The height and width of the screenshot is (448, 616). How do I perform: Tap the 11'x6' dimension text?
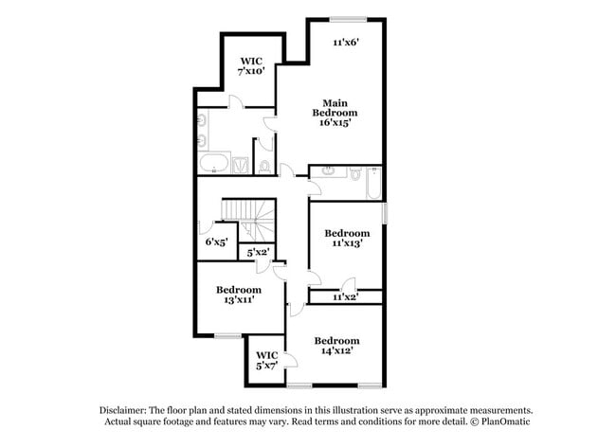[x=345, y=43]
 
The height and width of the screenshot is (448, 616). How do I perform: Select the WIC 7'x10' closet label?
[x=250, y=65]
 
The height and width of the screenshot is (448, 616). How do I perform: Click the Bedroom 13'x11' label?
[x=237, y=295]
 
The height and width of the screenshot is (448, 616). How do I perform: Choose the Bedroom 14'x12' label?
[x=336, y=346]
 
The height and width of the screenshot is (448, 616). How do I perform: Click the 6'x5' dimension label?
[x=216, y=242]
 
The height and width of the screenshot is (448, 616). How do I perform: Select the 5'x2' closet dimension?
[x=257, y=253]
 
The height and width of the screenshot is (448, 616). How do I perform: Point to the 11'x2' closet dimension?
[x=345, y=296]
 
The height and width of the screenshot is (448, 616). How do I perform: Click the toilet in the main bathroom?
[x=264, y=167]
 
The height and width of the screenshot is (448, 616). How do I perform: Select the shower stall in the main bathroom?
[x=241, y=165]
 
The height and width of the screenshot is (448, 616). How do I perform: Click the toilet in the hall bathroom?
[x=353, y=174]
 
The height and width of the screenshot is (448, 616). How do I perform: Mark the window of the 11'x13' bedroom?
[x=386, y=214]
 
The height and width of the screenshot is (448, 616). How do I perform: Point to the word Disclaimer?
[x=124, y=410]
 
